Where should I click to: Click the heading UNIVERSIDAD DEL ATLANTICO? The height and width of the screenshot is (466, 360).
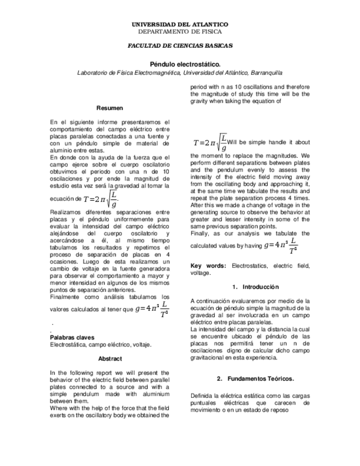(180, 25)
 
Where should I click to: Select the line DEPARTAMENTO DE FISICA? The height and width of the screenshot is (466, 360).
(180, 31)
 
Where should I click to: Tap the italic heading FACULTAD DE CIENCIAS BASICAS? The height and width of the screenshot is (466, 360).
(180, 46)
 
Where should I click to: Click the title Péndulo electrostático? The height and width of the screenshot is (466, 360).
(180, 64)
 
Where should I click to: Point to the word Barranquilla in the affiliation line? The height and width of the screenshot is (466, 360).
(262, 73)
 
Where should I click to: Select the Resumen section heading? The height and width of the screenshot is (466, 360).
(109, 108)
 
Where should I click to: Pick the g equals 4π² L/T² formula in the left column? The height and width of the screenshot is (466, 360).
(152, 309)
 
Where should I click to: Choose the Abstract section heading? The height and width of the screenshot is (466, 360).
(109, 358)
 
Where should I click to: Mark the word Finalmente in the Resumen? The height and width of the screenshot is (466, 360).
(65, 297)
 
